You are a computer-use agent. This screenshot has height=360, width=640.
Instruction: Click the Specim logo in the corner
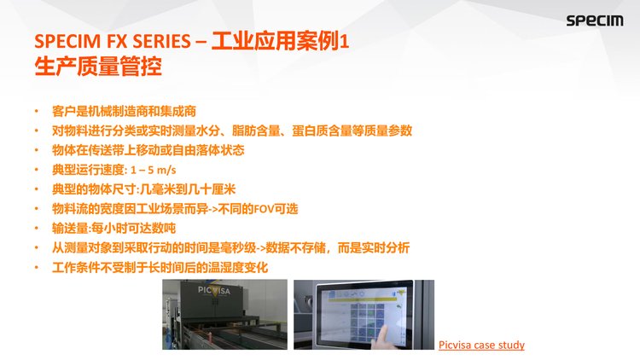[594, 20]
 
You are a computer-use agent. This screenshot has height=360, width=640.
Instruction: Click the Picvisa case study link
[481, 345]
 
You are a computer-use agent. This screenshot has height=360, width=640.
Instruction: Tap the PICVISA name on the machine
[214, 290]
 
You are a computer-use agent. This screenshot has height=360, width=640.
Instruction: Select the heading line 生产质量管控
[98, 67]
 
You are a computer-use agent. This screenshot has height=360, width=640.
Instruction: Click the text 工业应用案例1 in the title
[280, 41]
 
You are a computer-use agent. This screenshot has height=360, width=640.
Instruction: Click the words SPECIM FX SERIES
[113, 41]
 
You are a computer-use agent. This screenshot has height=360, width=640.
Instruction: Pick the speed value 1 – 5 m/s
[153, 170]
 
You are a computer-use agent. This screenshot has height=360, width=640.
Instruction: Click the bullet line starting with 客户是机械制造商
[124, 111]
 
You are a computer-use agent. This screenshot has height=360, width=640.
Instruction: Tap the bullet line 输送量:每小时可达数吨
[113, 228]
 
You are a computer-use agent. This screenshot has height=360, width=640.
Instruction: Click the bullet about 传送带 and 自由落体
[148, 150]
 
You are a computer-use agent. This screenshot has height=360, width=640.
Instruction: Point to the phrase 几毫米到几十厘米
[188, 189]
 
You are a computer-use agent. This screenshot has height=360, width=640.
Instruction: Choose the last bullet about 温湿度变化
[160, 267]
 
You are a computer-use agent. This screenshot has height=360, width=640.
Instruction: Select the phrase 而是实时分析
[374, 247]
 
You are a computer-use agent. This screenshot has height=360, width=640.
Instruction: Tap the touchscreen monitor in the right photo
[364, 315]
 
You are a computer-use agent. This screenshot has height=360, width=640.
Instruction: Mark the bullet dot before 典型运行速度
[37, 170]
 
